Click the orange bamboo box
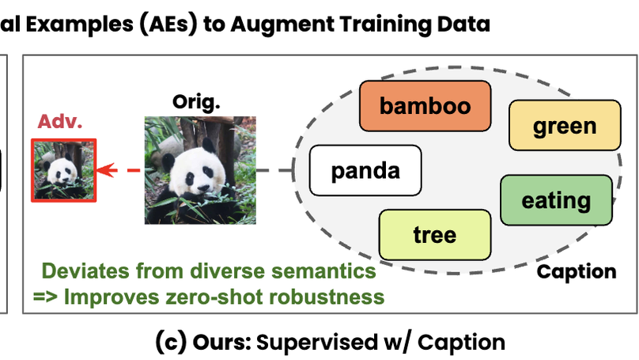pyautogui.click(x=425, y=106)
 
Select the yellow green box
pyautogui.click(x=565, y=126)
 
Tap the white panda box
pyautogui.click(x=365, y=170)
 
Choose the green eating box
pyautogui.click(x=556, y=200)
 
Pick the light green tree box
pyautogui.click(x=434, y=234)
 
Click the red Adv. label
pyautogui.click(x=61, y=123)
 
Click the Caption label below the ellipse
pyautogui.click(x=577, y=272)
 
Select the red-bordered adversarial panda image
pyautogui.click(x=63, y=171)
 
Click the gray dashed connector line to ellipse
pyautogui.click(x=276, y=170)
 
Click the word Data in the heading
pyautogui.click(x=463, y=24)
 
